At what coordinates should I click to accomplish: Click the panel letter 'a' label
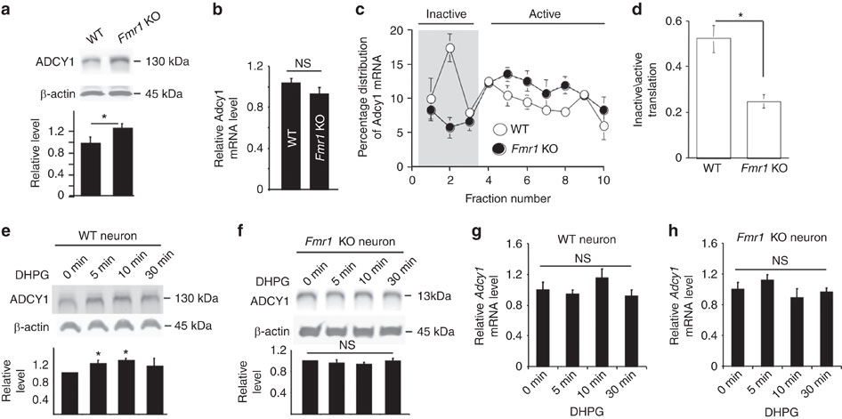click(7, 10)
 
